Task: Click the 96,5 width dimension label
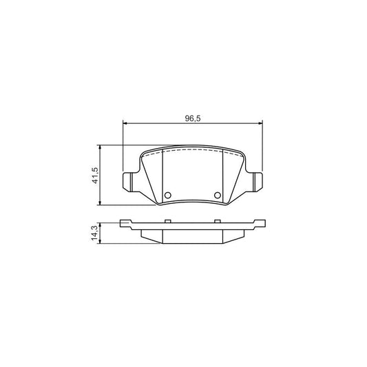tap(192, 118)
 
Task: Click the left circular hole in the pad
tap(167, 196)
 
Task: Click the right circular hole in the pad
tap(218, 196)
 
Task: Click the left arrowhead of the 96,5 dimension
tap(125, 124)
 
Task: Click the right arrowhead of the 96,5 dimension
tap(259, 124)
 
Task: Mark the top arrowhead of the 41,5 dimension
tap(101, 147)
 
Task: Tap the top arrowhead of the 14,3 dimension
tap(101, 223)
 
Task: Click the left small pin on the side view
tap(167, 220)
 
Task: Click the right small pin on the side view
tap(218, 220)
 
